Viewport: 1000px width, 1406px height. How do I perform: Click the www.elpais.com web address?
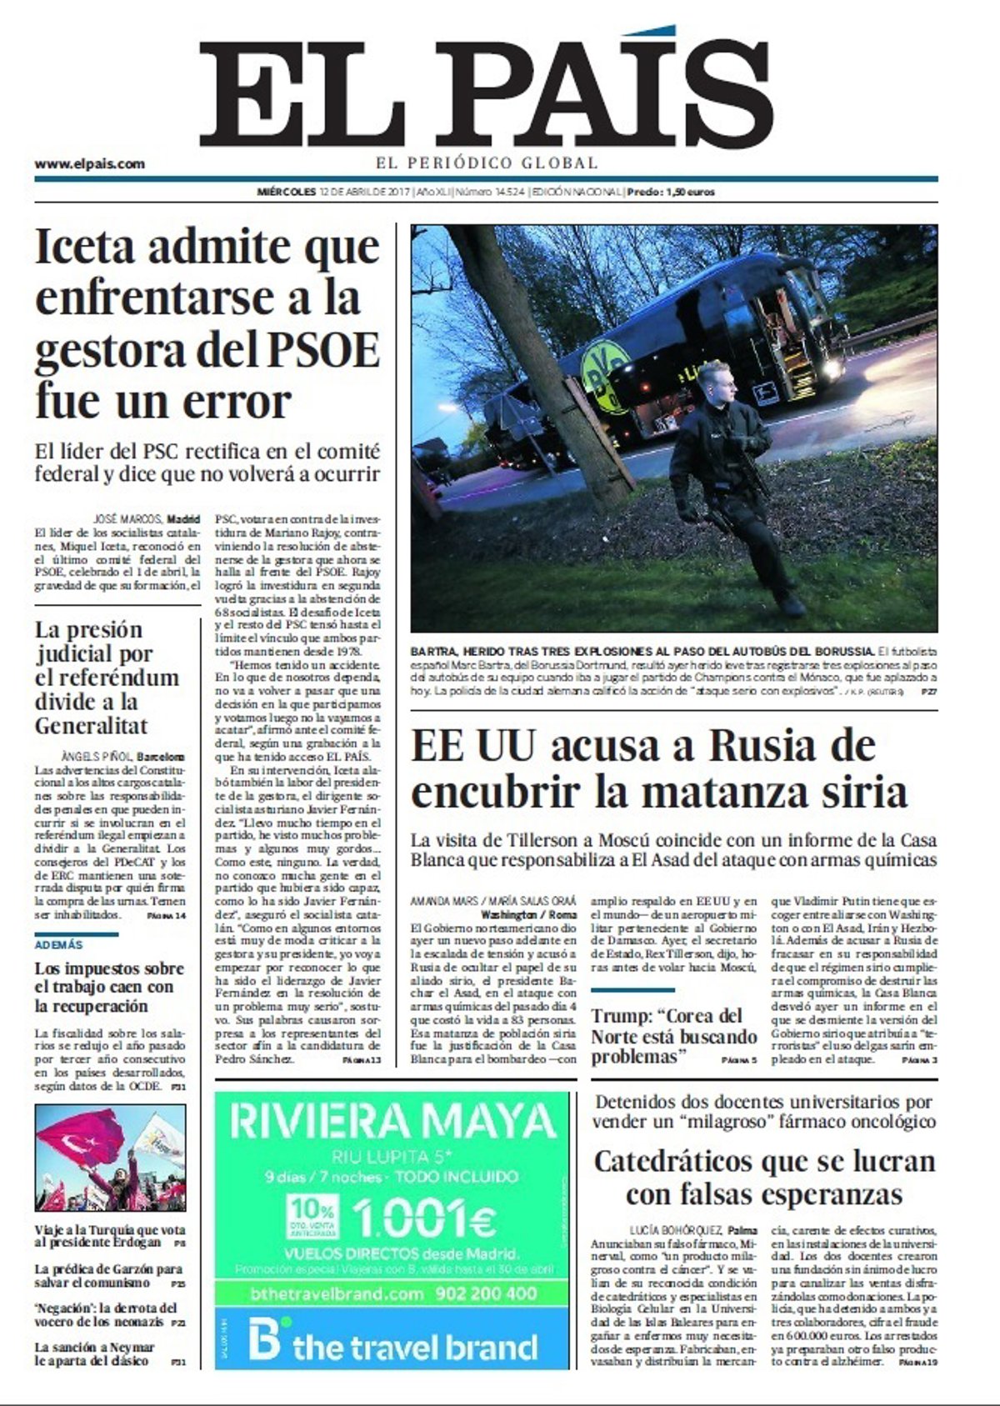click(89, 164)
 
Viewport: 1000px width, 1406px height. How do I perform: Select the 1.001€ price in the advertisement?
click(425, 1219)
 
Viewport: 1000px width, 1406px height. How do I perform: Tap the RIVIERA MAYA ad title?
click(393, 1122)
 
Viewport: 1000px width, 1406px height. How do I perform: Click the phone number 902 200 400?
click(486, 1294)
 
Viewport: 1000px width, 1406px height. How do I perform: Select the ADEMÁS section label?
click(59, 945)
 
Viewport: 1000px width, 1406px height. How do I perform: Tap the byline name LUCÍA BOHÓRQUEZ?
click(677, 1229)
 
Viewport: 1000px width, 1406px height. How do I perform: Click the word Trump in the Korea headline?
click(621, 1017)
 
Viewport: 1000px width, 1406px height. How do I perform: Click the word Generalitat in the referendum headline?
click(91, 725)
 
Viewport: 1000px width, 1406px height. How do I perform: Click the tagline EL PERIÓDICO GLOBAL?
click(487, 163)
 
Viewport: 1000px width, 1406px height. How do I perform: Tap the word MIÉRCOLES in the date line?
click(287, 192)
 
